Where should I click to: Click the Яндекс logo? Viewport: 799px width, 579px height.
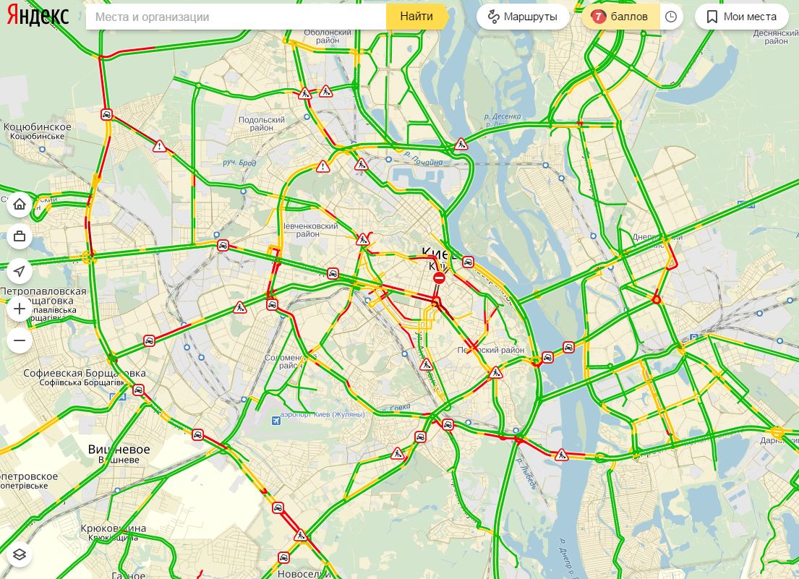coord(38,16)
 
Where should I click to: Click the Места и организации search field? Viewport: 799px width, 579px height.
coord(235,17)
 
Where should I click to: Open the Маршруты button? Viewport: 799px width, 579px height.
coord(523,17)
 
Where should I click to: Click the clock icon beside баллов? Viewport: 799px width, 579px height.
coord(671,17)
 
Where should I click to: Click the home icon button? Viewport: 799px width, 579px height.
coord(20,205)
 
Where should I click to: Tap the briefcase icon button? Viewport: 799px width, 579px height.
coord(20,237)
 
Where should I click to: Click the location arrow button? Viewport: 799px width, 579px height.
coord(20,272)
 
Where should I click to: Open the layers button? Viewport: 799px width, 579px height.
coord(20,554)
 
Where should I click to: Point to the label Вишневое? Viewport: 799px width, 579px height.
coord(119,450)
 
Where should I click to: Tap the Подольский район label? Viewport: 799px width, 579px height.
coord(261,124)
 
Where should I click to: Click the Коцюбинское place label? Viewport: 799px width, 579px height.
coord(38,127)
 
